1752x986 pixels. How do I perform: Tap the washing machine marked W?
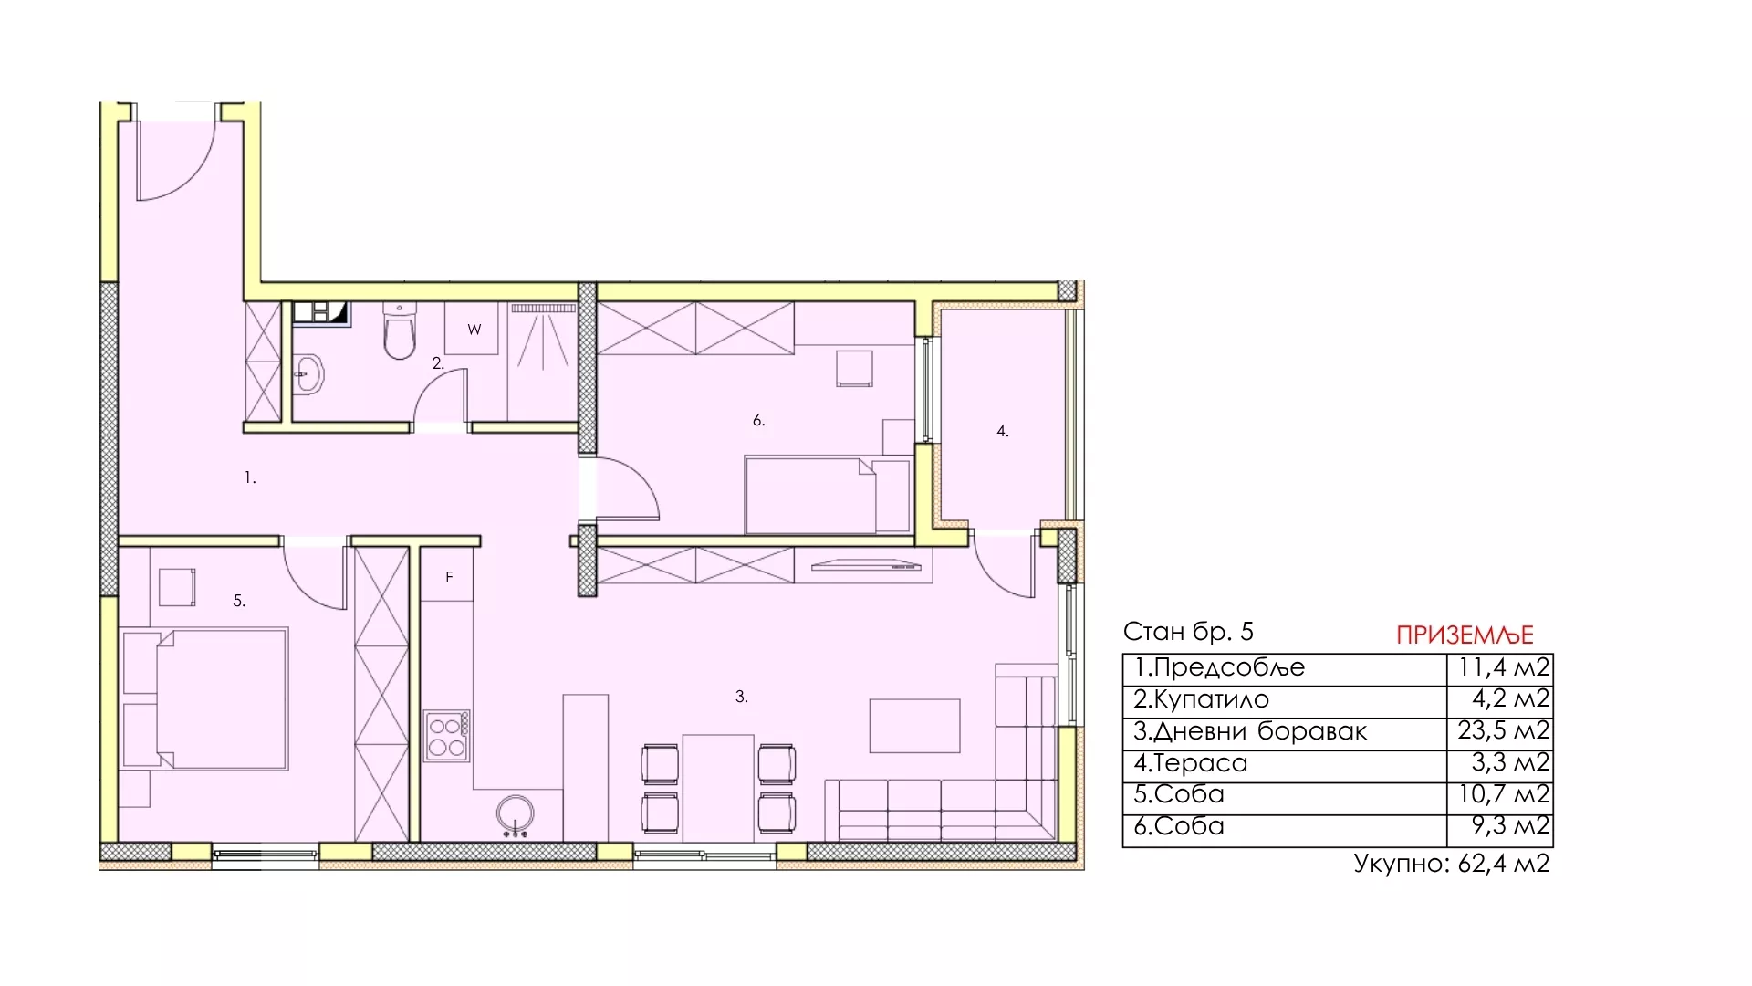click(473, 329)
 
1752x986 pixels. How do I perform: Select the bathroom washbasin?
click(308, 373)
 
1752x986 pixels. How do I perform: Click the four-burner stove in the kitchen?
click(447, 736)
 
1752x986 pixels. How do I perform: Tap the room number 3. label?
click(742, 697)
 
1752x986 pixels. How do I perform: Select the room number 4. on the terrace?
click(1003, 431)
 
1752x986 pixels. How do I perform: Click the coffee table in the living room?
click(914, 726)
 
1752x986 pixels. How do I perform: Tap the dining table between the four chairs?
click(718, 787)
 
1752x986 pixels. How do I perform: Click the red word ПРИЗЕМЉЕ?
click(1465, 635)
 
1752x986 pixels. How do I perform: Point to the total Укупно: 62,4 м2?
click(1452, 864)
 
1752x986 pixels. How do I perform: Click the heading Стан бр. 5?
click(1188, 632)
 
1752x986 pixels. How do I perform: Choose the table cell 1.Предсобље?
click(1219, 667)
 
